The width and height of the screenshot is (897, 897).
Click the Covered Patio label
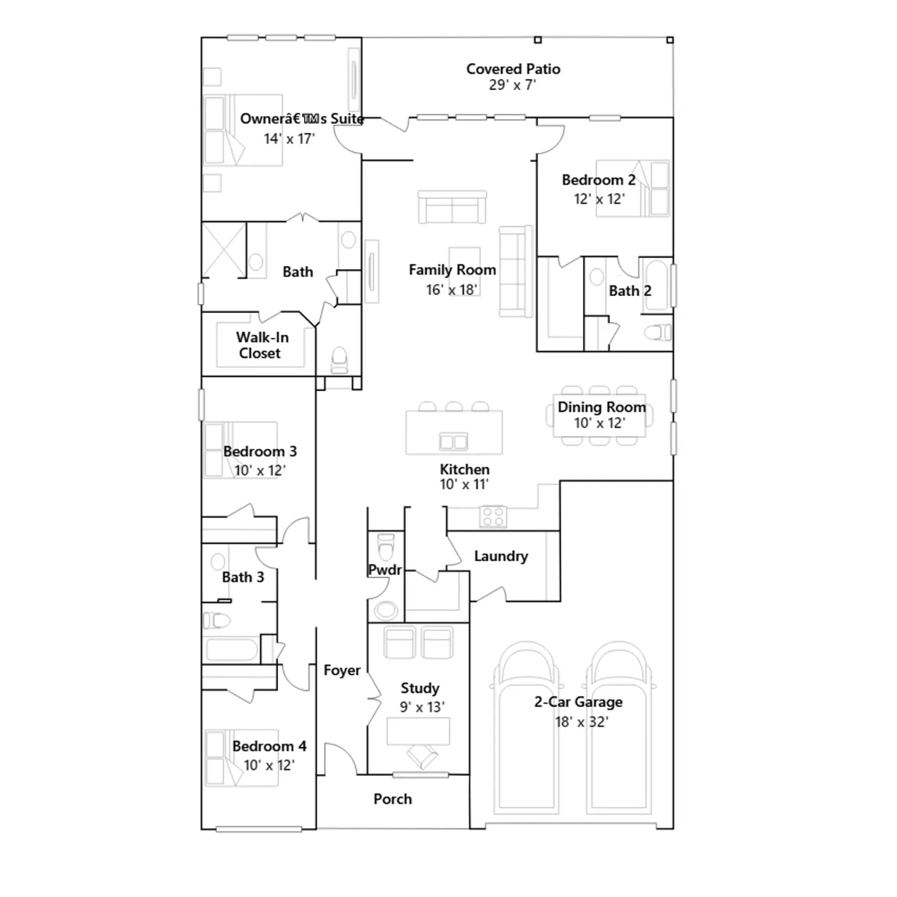(x=513, y=69)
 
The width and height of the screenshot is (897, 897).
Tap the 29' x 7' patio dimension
(x=512, y=85)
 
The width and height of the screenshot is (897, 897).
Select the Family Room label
(x=452, y=270)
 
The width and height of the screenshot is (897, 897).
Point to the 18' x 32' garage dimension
(x=581, y=722)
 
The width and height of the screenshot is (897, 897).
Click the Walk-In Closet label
(x=262, y=345)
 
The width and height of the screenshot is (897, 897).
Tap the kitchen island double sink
(x=454, y=441)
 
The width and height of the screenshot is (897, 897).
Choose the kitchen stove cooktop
(x=493, y=516)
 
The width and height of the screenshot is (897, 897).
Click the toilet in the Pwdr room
(x=386, y=547)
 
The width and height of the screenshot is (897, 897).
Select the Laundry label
(x=501, y=556)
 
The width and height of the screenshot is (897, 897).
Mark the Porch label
(x=392, y=799)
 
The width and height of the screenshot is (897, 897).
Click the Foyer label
(x=342, y=671)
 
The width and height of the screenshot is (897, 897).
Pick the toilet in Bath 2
(x=658, y=332)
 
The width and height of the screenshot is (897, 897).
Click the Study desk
(x=418, y=731)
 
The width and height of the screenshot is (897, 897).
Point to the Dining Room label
(x=602, y=407)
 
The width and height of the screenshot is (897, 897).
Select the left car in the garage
(x=526, y=729)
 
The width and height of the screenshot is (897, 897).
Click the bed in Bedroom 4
(x=242, y=757)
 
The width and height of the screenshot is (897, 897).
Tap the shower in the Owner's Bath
(x=224, y=250)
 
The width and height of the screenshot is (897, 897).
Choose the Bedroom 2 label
(x=599, y=180)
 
